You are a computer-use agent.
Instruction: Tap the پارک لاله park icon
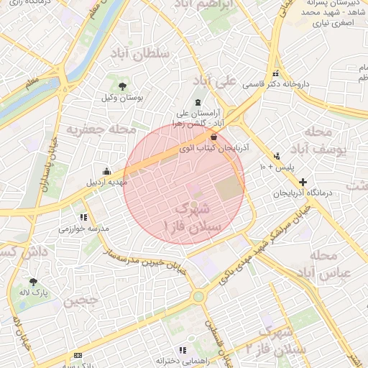point(33,282)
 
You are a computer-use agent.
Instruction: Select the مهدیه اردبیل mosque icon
point(107,171)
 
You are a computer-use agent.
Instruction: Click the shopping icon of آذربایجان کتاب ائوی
point(214,137)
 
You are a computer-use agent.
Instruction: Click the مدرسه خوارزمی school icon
point(84,217)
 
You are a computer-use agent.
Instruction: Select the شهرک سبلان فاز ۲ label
point(286,341)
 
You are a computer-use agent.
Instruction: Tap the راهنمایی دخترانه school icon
point(182,350)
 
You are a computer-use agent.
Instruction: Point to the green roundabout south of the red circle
point(198,295)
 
